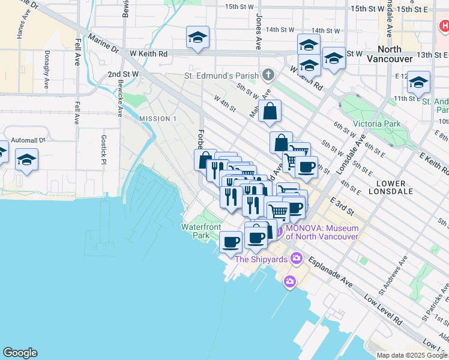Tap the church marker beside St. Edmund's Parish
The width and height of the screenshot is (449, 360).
(x=268, y=76)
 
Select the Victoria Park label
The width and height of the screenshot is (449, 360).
(x=376, y=124)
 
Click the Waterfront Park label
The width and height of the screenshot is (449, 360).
(x=202, y=231)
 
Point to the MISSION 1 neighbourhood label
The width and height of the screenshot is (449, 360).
(x=158, y=119)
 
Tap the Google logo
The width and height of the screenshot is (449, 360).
(x=20, y=353)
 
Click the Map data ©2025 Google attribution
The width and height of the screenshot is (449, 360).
(x=411, y=355)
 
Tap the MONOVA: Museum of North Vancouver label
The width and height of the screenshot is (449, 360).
(x=322, y=232)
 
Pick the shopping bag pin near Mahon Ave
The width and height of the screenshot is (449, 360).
(x=270, y=111)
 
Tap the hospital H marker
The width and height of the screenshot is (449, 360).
(x=444, y=26)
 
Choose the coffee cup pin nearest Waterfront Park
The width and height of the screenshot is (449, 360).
(x=231, y=243)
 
